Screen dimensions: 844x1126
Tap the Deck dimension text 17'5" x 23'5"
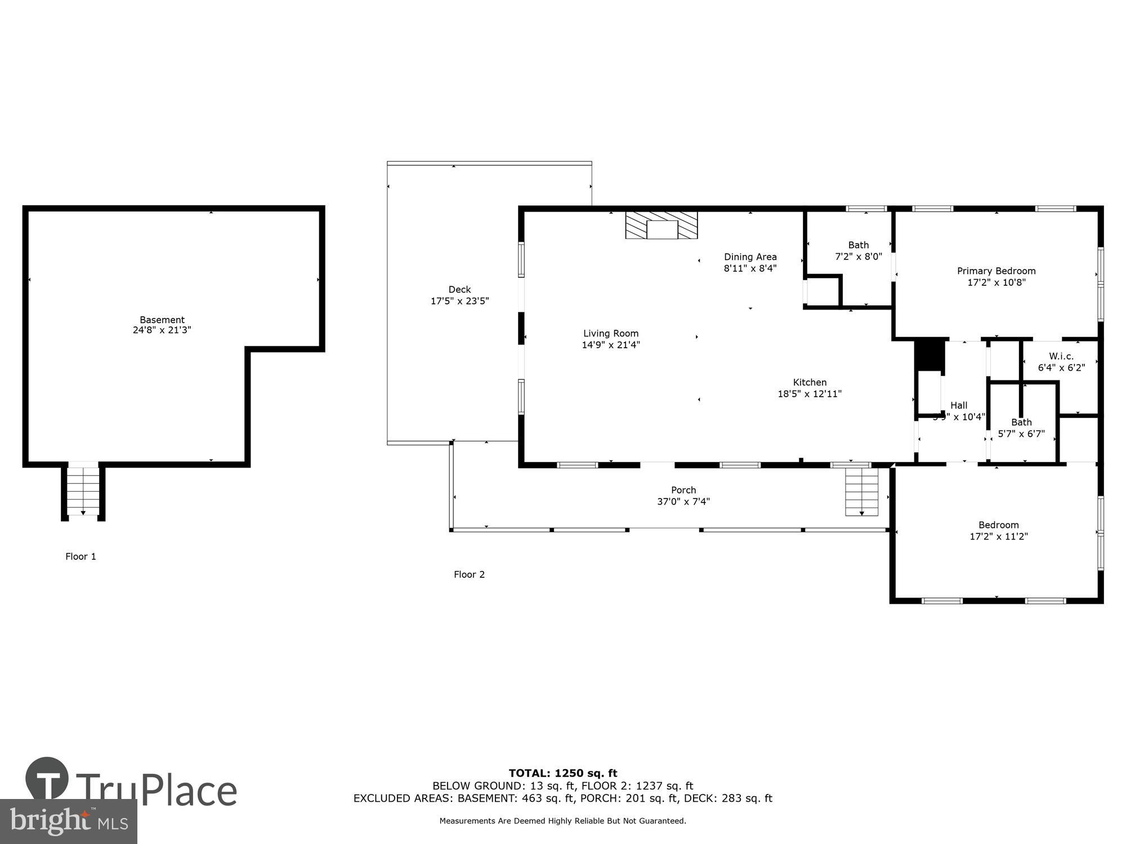click(459, 301)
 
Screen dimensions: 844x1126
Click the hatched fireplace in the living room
click(662, 225)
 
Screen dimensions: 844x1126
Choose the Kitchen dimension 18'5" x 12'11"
click(810, 394)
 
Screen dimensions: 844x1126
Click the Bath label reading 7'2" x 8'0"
click(858, 251)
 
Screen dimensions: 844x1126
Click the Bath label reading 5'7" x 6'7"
click(1021, 428)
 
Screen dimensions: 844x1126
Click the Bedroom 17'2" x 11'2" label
click(998, 531)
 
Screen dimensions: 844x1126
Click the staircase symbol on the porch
click(861, 492)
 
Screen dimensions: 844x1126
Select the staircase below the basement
click(83, 491)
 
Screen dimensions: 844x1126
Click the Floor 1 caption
click(81, 556)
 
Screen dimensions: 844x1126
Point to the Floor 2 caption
click(469, 574)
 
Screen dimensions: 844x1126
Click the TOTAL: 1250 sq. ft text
click(563, 773)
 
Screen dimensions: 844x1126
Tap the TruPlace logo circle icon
click(47, 779)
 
